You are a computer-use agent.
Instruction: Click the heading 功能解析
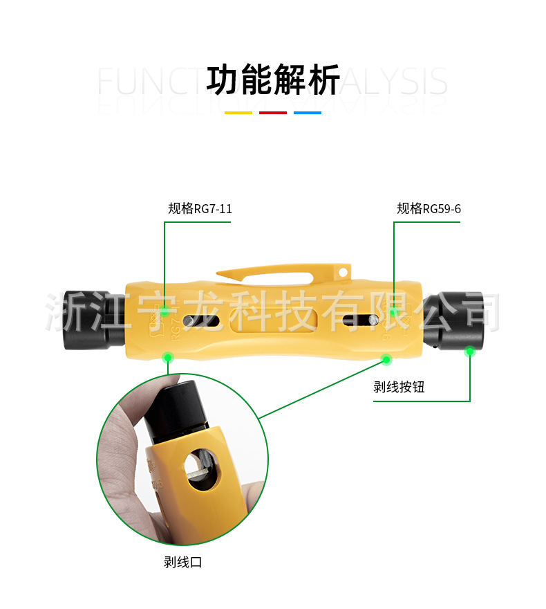273,80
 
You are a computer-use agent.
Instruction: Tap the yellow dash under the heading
238,112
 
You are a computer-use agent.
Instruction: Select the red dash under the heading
273,112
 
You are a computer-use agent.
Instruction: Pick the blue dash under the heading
308,112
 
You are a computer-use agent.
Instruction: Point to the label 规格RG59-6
429,208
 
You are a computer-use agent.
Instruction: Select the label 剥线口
182,562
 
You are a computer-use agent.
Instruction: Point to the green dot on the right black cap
470,351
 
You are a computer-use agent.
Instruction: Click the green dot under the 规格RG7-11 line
164,312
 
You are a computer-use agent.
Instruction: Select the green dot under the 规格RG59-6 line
393,311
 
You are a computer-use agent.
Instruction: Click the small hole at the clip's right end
343,273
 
